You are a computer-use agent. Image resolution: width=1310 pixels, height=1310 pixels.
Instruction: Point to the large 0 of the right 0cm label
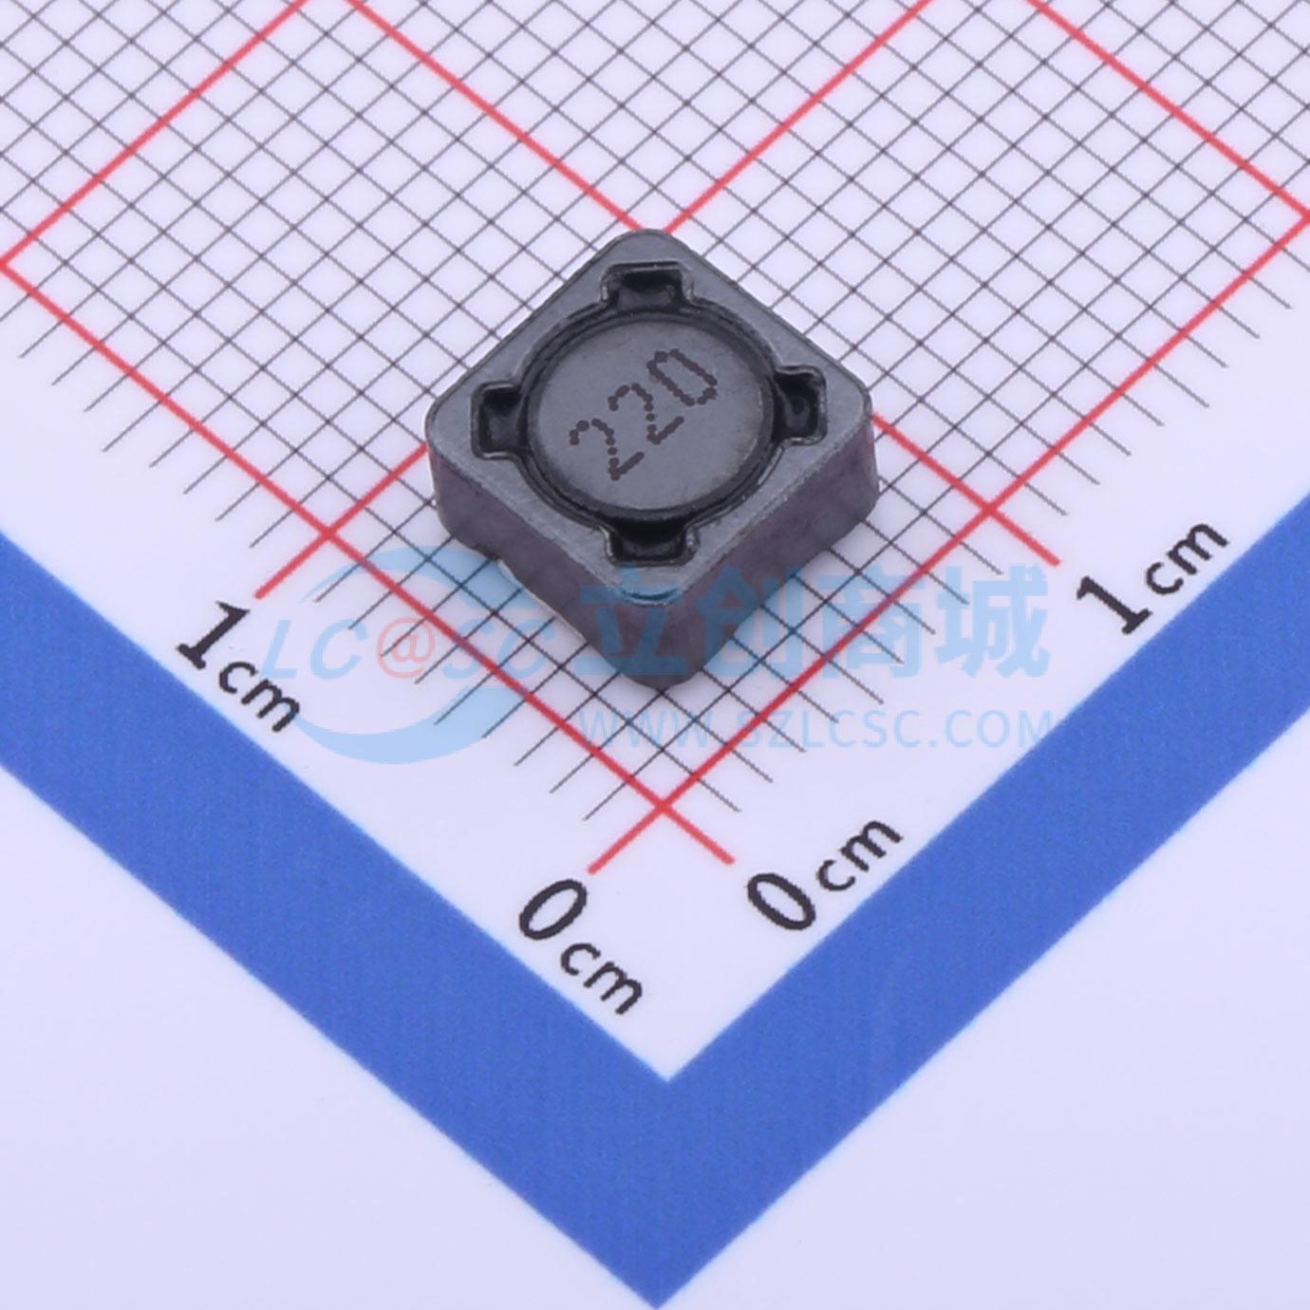[782, 889]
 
